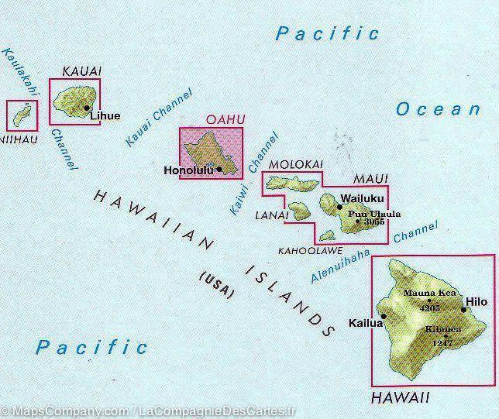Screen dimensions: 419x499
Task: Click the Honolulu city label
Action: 190,170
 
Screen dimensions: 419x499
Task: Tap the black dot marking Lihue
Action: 87,109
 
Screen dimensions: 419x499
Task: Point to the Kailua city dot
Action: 383,317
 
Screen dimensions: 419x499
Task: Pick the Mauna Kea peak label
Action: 428,293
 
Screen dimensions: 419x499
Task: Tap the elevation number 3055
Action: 373,222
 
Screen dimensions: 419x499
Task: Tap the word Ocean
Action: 438,109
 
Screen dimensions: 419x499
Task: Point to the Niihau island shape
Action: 21,115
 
